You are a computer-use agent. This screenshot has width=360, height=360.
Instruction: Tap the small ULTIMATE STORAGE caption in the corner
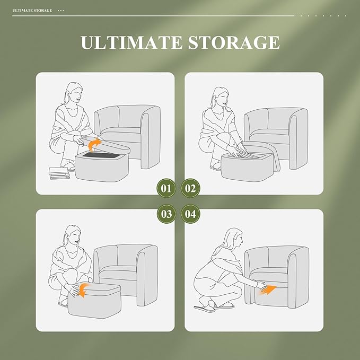coord(32,10)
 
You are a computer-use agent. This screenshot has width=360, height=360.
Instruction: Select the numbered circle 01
coord(166,188)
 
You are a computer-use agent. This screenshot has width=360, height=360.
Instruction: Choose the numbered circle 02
coord(191,188)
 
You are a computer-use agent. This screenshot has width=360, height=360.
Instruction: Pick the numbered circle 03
coord(166,214)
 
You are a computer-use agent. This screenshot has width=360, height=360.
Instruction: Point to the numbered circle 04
coord(191,214)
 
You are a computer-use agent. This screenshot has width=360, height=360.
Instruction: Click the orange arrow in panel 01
coord(94,144)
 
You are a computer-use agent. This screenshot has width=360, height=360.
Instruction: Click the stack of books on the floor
coord(57,172)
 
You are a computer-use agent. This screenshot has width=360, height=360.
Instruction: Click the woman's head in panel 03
coord(74,236)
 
